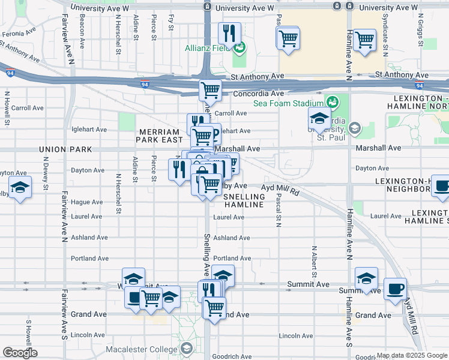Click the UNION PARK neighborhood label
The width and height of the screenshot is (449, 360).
[64, 149]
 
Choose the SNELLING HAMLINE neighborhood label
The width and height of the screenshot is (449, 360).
[244, 200]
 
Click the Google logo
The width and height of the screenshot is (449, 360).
[20, 353]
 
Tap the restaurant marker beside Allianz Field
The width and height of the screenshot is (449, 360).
[229, 33]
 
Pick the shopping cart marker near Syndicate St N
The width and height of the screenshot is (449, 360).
[364, 40]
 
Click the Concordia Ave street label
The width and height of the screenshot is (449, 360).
[258, 94]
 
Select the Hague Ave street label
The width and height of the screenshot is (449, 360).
[88, 202]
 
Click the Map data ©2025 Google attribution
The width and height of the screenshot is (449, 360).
[411, 355]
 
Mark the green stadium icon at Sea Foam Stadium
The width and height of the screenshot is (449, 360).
[331, 103]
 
